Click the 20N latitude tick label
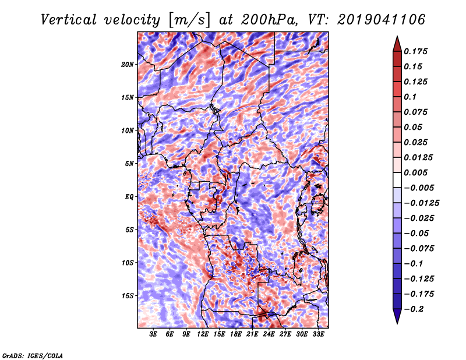pos(128,65)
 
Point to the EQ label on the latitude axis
pos(129,197)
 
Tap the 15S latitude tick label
pos(128,296)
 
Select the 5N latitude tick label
pos(129,164)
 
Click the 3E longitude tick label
pos(153,334)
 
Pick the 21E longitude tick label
pos(252,334)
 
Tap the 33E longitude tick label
pos(318,334)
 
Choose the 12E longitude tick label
pos(202,334)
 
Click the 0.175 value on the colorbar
pos(415,51)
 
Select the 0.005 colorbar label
pos(415,172)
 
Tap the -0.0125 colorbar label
pos(421,203)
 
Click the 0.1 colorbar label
pos(410,97)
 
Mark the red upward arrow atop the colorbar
pos(397,44)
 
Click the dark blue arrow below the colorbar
pos(397,316)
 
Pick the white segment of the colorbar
pos(397,180)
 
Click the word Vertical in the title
pos(68,20)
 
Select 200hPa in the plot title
pos(269,20)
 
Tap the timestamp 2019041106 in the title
pos(382,20)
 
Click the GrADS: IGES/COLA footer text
pos(33,355)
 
